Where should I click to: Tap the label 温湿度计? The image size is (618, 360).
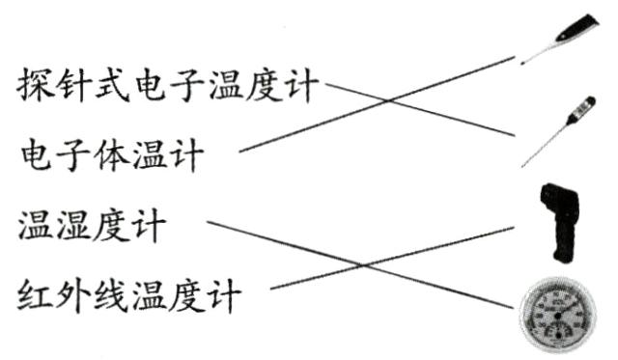(x=92, y=227)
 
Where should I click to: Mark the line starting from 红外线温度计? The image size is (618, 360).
(x=367, y=265)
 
